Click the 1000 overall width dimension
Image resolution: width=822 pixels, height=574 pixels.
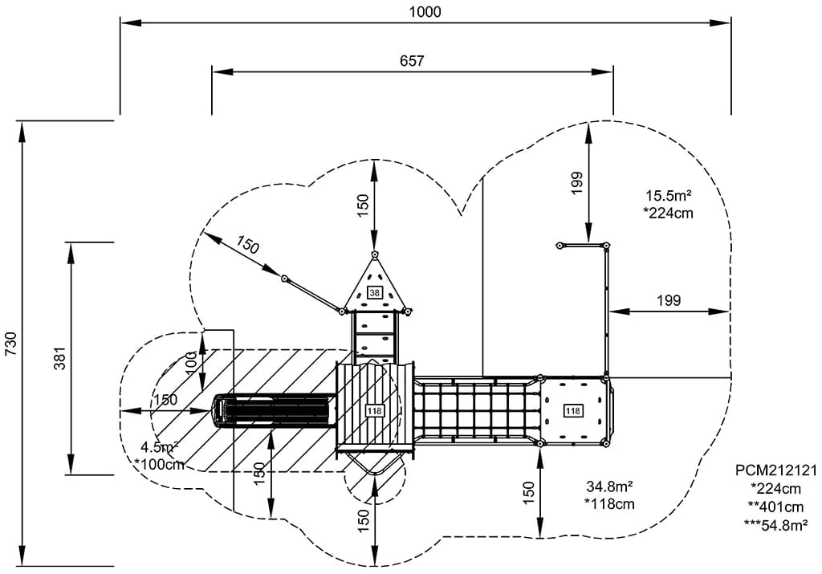point(425,11)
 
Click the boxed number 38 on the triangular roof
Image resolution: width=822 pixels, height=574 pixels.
point(375,293)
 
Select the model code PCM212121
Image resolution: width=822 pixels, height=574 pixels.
point(775,470)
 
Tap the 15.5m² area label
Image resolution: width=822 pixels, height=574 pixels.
point(669,195)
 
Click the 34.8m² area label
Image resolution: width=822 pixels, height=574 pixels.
point(610,486)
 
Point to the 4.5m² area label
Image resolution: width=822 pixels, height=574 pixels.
point(159,447)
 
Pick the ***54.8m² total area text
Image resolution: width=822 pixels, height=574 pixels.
point(775,526)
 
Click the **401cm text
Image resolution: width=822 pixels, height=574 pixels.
point(775,507)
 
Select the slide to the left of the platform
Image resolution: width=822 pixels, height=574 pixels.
point(273,411)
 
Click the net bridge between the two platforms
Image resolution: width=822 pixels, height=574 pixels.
point(475,411)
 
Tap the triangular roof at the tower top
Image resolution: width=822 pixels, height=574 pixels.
point(375,285)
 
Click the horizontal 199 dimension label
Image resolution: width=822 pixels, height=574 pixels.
point(669,300)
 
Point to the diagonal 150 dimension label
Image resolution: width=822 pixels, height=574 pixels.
point(248,246)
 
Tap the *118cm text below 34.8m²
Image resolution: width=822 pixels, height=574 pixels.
point(610,504)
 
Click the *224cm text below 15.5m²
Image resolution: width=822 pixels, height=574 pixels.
point(669,214)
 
